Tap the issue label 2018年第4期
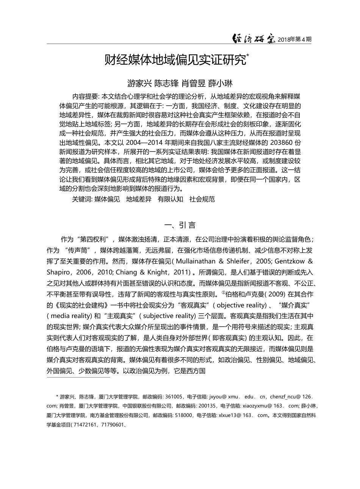(295, 39)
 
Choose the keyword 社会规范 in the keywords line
(202, 199)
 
